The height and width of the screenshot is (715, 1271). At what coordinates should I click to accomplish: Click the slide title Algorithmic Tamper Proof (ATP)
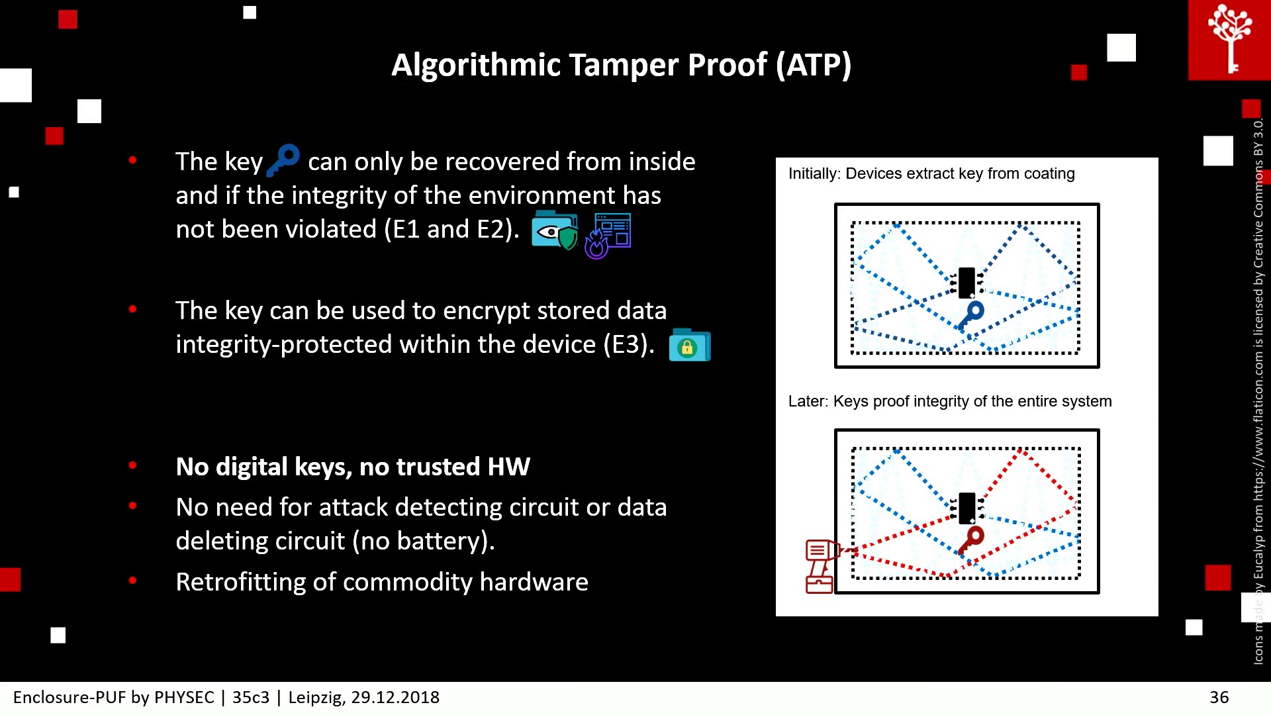[621, 65]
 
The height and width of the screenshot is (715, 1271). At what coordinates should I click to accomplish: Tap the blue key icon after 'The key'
[283, 160]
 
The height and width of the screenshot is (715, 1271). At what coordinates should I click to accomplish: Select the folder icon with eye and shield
[555, 230]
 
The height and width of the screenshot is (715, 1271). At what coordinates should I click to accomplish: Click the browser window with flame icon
[608, 235]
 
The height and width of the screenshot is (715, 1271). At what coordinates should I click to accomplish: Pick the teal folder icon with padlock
[690, 345]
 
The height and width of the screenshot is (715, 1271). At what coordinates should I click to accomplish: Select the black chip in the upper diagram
[966, 283]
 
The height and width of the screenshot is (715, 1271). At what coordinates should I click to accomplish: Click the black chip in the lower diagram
[966, 508]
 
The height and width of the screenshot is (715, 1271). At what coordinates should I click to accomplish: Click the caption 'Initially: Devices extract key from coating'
[931, 173]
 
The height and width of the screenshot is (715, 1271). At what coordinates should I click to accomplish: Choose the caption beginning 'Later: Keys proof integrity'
[950, 401]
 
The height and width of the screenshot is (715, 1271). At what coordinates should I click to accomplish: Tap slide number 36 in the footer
[1219, 697]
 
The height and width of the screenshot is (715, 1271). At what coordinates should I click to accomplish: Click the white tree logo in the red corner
[1230, 38]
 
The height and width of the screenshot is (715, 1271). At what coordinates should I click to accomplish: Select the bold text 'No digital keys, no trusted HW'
[353, 467]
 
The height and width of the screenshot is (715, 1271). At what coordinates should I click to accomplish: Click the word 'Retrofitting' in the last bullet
[240, 582]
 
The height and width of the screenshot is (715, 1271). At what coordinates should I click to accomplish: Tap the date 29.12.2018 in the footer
[395, 697]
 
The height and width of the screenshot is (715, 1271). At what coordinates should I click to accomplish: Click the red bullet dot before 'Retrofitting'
[133, 581]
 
